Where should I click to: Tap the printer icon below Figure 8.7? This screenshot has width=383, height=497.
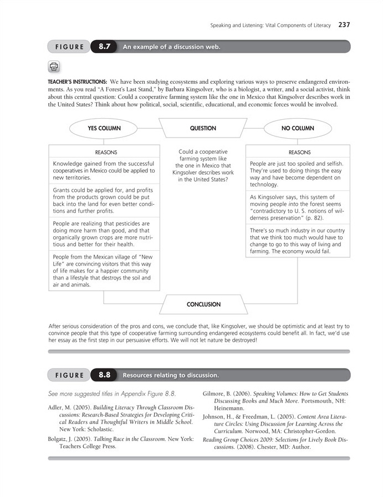[54, 67]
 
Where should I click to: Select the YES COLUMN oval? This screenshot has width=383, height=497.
[104, 128]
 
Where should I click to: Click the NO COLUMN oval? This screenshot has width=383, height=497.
[297, 128]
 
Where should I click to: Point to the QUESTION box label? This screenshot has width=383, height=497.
[203, 128]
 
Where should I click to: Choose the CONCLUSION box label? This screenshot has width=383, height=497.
[203, 305]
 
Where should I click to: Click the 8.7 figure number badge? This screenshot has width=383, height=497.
[104, 47]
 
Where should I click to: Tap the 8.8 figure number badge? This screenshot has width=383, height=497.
[104, 375]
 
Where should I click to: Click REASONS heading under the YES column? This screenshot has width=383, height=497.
[106, 152]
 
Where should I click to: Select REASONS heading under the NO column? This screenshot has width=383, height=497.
[299, 152]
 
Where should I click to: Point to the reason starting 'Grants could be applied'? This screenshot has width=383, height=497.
[103, 200]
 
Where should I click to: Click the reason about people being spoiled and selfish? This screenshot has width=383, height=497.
[297, 174]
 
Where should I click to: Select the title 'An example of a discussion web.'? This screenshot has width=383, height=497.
[171, 47]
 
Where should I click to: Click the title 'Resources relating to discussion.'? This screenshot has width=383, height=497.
[171, 376]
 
